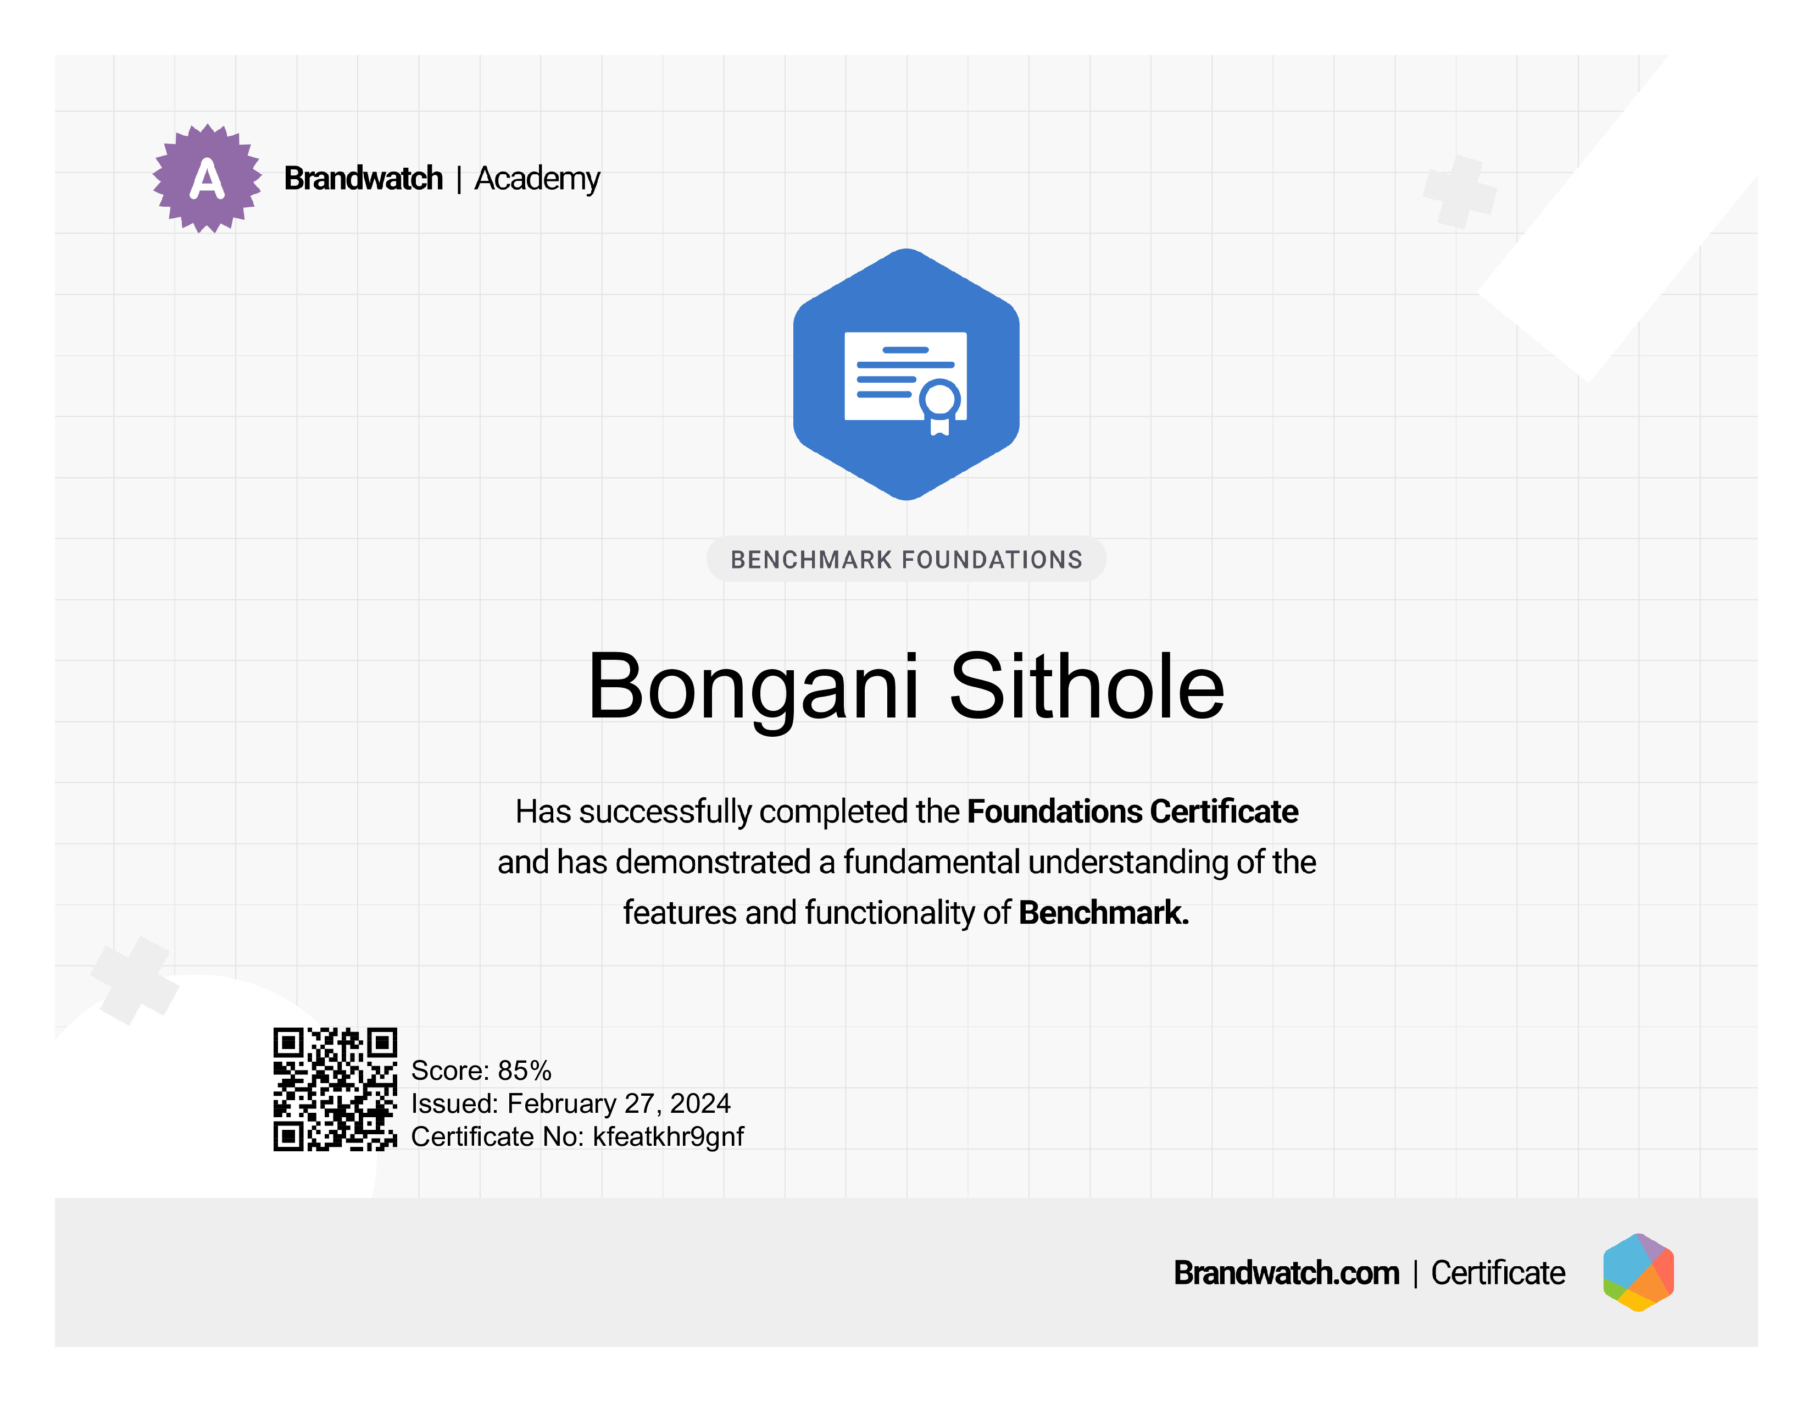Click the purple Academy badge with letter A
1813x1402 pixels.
pyautogui.click(x=207, y=179)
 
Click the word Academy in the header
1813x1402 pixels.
pyautogui.click(x=537, y=179)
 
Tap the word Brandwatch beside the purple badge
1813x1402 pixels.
pyautogui.click(x=364, y=179)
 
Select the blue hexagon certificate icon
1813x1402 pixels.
pyautogui.click(x=907, y=374)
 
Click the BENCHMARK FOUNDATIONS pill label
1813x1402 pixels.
pyautogui.click(x=907, y=560)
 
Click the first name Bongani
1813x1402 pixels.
pyautogui.click(x=754, y=688)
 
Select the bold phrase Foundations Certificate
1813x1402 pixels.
pyautogui.click(x=1132, y=812)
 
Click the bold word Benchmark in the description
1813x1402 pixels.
pyautogui.click(x=1104, y=913)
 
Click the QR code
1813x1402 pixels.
pyautogui.click(x=335, y=1089)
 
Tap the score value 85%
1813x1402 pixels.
pyautogui.click(x=525, y=1070)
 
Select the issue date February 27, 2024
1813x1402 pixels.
pyautogui.click(x=619, y=1104)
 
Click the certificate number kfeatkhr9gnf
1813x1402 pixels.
pyautogui.click(x=668, y=1137)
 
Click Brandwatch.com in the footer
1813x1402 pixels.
pyautogui.click(x=1286, y=1273)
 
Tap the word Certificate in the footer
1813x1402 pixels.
pyautogui.click(x=1498, y=1273)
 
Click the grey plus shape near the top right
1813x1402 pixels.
pyautogui.click(x=1460, y=192)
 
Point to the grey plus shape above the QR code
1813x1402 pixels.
pyautogui.click(x=135, y=980)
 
